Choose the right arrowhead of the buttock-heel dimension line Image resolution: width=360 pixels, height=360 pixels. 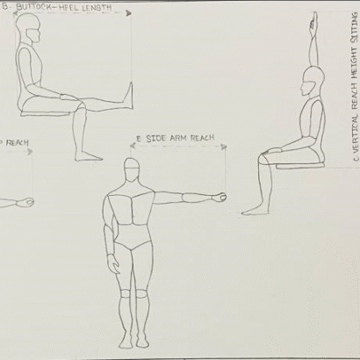tap(129, 14)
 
